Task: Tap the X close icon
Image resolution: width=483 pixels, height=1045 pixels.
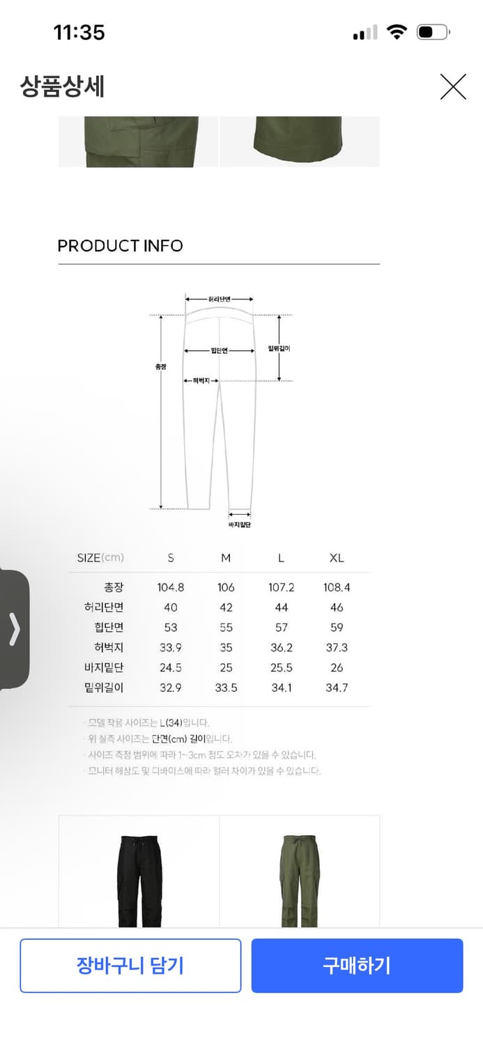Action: click(x=453, y=87)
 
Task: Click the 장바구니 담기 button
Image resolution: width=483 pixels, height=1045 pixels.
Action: click(x=130, y=965)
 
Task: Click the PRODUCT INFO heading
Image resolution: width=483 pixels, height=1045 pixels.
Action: click(x=120, y=246)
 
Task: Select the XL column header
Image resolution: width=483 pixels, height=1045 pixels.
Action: click(x=337, y=558)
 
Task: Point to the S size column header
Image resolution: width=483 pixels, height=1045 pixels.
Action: click(x=171, y=558)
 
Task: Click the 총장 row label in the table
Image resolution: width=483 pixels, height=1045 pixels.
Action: click(x=113, y=587)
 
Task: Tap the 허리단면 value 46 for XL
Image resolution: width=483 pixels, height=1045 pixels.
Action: click(x=337, y=607)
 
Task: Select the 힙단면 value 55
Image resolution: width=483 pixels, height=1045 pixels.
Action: click(x=226, y=628)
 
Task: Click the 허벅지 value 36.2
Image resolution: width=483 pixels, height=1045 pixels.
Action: click(x=282, y=648)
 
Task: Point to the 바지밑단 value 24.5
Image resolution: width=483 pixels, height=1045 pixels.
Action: click(x=171, y=667)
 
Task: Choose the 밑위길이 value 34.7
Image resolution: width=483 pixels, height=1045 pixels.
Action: click(x=337, y=688)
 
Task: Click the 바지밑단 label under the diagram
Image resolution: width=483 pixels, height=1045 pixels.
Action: click(x=239, y=525)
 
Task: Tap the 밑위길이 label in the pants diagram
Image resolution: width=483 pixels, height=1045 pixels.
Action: click(x=279, y=348)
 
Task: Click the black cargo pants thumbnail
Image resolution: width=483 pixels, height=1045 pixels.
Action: click(x=139, y=881)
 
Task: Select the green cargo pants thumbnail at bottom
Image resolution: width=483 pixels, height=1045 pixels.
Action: click(x=300, y=881)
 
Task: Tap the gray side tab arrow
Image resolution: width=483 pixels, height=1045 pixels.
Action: click(x=14, y=629)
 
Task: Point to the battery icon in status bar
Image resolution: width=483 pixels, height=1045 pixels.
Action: click(x=433, y=32)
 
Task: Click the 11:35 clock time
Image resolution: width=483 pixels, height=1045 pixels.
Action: click(x=79, y=32)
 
